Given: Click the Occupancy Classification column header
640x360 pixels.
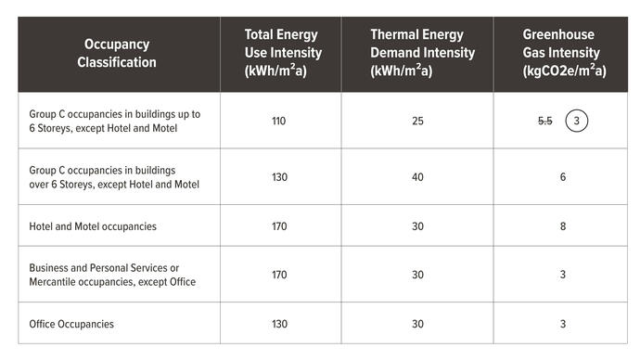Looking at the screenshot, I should (117, 54).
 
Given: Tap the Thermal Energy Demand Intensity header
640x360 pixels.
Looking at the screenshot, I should (422, 53).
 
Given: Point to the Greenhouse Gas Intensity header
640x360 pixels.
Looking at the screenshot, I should (563, 53).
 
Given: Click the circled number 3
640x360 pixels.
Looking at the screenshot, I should (576, 121).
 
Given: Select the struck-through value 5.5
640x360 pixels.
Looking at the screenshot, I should (545, 121).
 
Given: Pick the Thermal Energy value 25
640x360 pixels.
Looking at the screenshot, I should (422, 121).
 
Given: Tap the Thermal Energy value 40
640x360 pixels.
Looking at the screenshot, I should (422, 177).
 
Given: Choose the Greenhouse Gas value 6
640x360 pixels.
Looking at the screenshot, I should (563, 177).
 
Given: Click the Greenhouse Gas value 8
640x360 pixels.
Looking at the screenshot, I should (563, 225).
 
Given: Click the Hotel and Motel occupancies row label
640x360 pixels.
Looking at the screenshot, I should (93, 225).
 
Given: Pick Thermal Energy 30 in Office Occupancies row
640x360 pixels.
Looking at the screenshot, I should (422, 324).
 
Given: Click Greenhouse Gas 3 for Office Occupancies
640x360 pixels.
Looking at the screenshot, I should (563, 324).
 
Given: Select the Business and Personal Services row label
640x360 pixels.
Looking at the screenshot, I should (111, 275).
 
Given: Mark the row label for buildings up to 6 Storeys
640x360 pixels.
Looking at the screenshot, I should (114, 121).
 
